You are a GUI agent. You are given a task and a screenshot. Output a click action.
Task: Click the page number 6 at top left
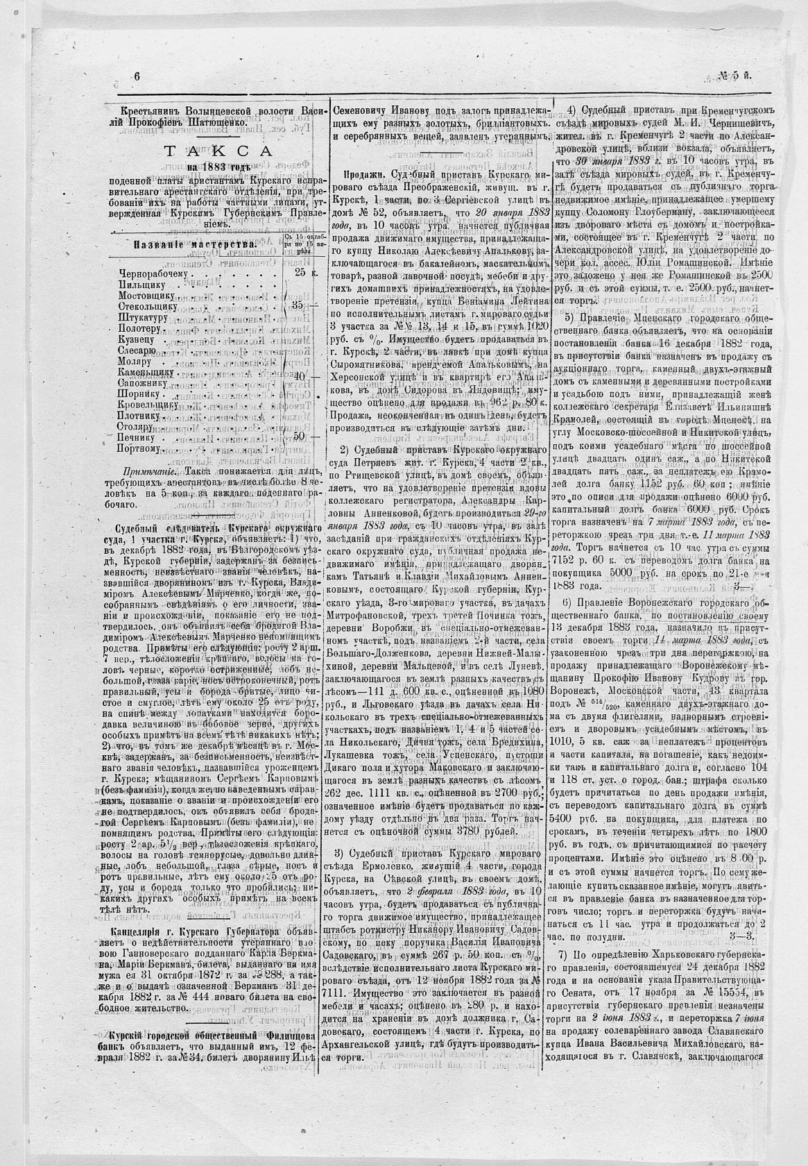137,78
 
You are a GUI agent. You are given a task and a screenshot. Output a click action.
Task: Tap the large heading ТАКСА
217,153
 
